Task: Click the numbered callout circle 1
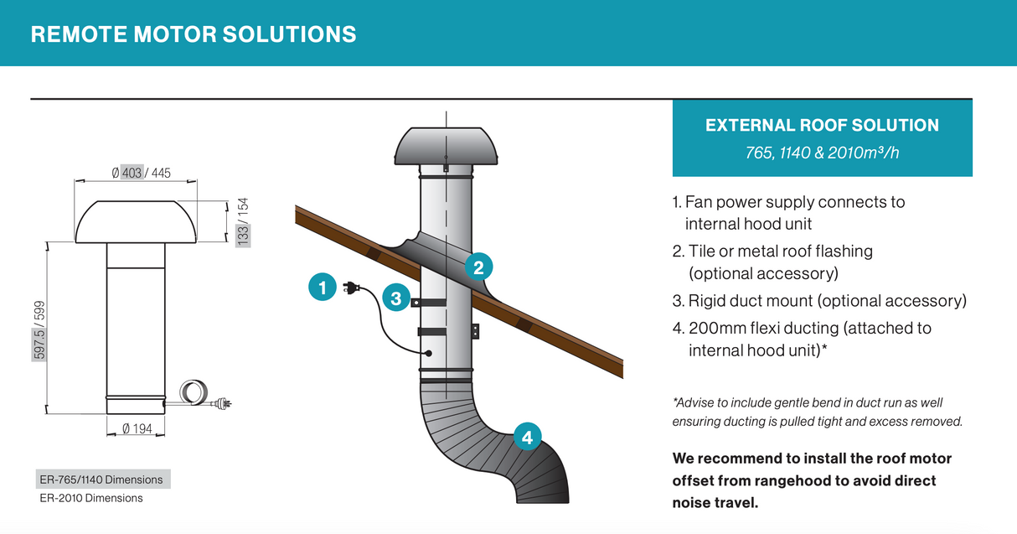coord(323,287)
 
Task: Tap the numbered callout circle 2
coord(478,267)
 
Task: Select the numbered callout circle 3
coord(396,298)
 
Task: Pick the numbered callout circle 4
coord(527,437)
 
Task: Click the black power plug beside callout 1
coord(351,288)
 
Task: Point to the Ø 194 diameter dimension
coord(137,428)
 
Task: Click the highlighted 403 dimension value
coord(132,173)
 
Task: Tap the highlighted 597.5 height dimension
coord(39,344)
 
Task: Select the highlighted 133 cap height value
coord(243,236)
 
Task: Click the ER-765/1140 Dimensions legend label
coord(101,480)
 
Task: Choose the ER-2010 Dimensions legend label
coord(91,498)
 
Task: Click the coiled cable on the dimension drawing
coord(194,391)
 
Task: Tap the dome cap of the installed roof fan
coord(446,146)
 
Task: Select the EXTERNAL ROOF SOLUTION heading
coord(822,125)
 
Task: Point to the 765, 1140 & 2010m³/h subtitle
coord(822,153)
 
